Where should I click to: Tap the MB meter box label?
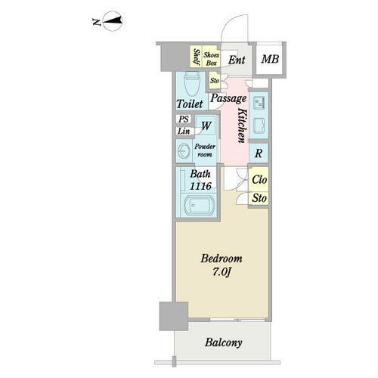270,59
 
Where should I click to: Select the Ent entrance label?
237,60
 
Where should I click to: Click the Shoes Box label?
211,59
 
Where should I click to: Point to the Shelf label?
197,57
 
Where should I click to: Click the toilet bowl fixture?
192,84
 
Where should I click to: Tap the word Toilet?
190,104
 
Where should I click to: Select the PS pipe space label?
184,119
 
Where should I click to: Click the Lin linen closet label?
184,131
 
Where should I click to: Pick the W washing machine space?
206,125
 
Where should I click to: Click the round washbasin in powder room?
183,150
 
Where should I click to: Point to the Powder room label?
205,150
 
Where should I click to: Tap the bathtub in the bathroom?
200,206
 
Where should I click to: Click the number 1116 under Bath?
200,186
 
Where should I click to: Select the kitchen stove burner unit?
259,103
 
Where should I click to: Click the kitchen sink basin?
259,125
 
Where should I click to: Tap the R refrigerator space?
259,153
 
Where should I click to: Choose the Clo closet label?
259,180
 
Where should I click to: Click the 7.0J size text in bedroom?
222,272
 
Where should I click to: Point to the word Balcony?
223,342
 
